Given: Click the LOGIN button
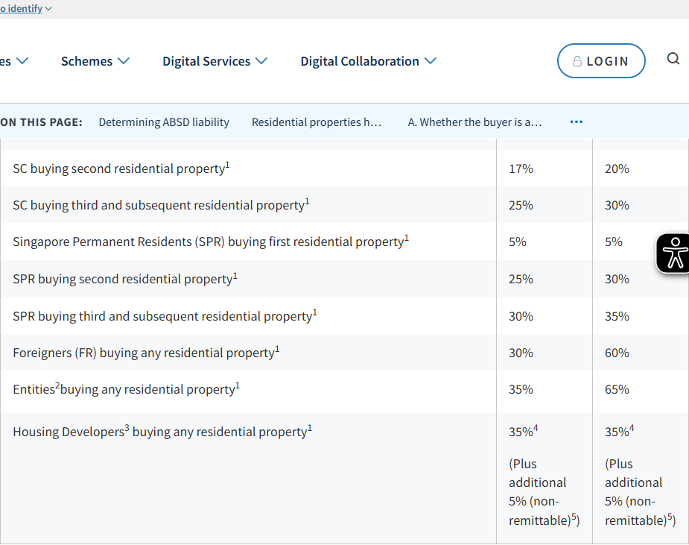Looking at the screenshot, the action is pos(601,60).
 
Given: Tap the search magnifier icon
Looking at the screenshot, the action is pos(673,58).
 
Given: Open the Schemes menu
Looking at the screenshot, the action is pos(95,61).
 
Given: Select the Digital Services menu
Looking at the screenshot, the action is pos(215,61).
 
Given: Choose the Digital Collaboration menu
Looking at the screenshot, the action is pos(368,61).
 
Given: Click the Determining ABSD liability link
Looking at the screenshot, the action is pos(164,122).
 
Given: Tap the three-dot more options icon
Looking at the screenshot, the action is pos(576,122).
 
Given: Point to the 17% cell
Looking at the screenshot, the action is pos(521,168).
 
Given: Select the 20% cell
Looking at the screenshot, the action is pos(617,168).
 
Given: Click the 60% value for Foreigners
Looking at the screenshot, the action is pos(617,353).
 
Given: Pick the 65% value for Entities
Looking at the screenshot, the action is pos(617,389).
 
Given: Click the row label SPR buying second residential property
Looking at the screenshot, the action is pos(125,279).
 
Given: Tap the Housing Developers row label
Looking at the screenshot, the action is pos(162,432).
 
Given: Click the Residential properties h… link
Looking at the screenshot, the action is pos(317,122).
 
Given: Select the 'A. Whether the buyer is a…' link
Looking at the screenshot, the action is pos(474,122).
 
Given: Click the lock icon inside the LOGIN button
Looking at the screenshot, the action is pos(577,61).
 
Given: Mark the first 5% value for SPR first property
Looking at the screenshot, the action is pos(517,242).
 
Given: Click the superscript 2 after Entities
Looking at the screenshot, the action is pos(57,385).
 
